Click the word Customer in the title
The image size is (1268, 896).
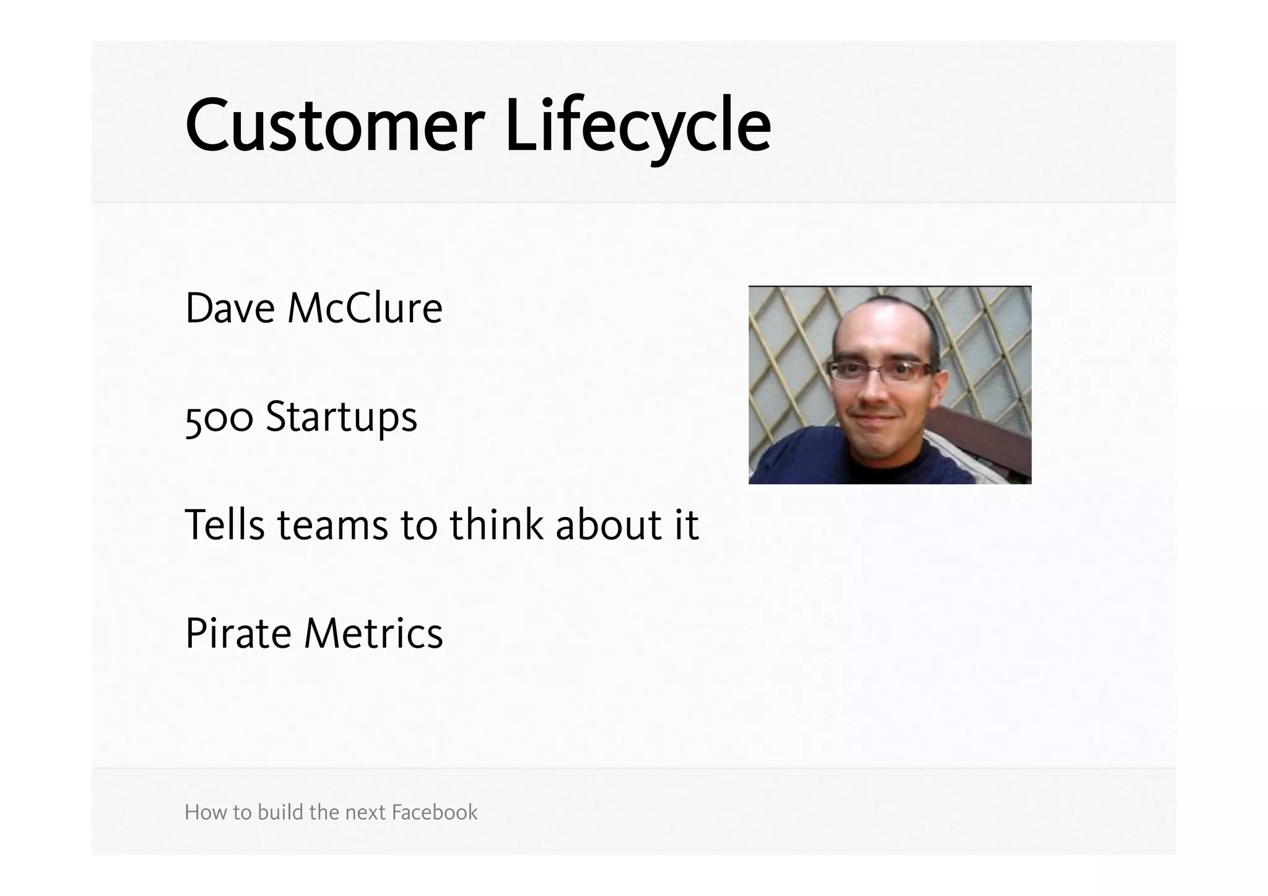click(x=334, y=126)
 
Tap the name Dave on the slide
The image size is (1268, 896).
click(x=230, y=308)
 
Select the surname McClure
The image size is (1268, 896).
click(x=365, y=308)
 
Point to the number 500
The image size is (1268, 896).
click(x=219, y=417)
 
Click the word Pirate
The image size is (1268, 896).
click(x=238, y=633)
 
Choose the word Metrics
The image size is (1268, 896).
click(x=374, y=633)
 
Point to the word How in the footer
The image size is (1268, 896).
click(x=199, y=812)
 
